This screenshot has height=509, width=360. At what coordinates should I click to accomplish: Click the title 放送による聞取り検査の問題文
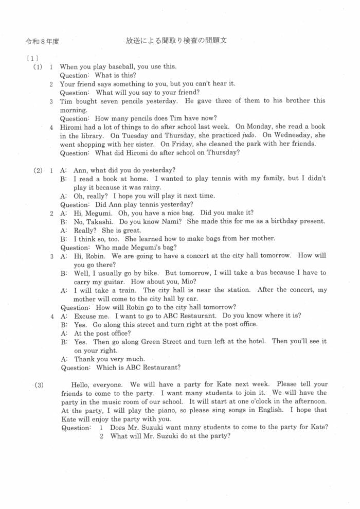[x=176, y=41]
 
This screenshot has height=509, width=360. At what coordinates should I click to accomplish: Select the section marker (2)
[x=38, y=170]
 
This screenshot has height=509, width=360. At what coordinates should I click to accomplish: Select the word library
[x=88, y=136]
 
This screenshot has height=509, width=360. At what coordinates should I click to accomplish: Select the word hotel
[x=258, y=341]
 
